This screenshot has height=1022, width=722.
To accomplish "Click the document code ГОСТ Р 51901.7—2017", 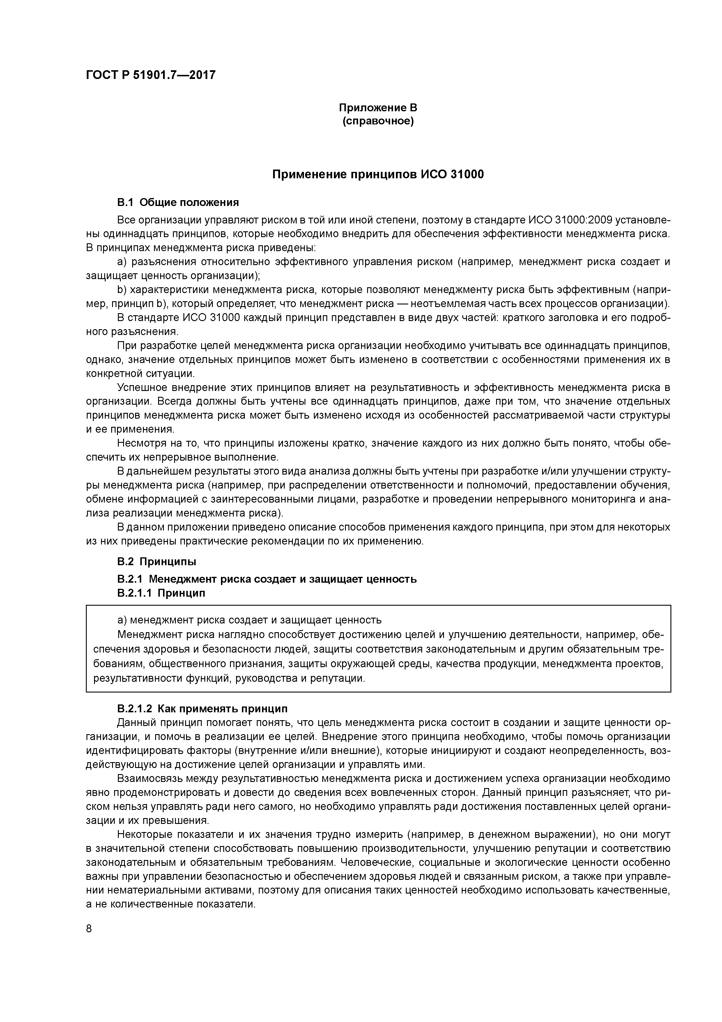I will [x=150, y=75].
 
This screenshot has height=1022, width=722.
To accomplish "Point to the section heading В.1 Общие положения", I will [x=178, y=202].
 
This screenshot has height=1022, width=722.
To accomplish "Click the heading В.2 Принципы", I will [x=157, y=562].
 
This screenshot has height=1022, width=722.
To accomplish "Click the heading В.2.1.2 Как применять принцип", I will [x=202, y=709].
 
